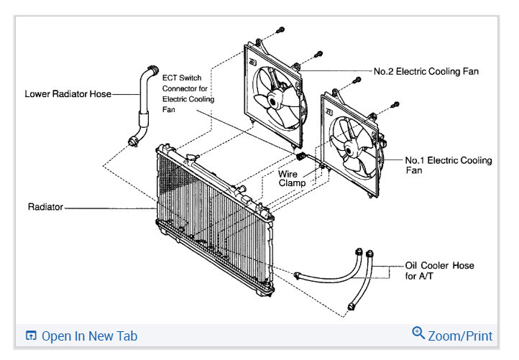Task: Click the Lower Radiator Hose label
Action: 68,93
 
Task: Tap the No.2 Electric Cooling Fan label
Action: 426,72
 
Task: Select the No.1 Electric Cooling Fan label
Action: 448,165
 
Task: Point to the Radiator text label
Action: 45,207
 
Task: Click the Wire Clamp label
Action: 293,178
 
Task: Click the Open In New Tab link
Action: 89,336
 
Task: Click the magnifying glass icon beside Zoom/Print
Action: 418,333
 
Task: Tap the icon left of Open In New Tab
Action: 31,336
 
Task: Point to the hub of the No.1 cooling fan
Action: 349,149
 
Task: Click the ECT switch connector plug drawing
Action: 300,155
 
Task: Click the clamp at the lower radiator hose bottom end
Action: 132,141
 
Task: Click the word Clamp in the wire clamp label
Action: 293,183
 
